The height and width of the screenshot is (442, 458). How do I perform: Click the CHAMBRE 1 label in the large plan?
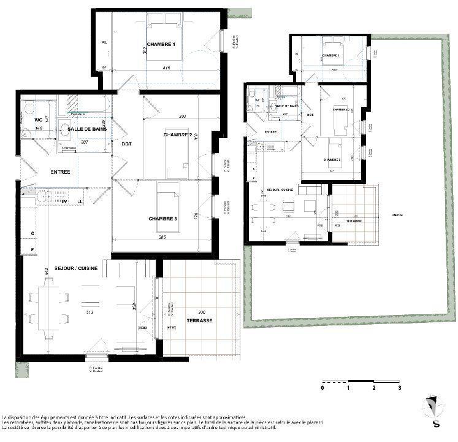(x=161, y=45)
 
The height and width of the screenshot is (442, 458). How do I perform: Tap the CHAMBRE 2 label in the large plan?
(x=178, y=134)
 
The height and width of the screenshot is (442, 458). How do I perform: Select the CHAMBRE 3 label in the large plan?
(x=162, y=219)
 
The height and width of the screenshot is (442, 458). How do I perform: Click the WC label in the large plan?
(x=37, y=119)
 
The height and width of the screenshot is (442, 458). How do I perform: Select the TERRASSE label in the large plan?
(x=200, y=320)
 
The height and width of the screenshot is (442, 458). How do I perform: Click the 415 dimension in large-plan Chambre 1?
(x=166, y=68)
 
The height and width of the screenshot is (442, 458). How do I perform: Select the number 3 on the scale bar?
(x=399, y=389)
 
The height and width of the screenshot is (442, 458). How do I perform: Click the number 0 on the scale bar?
(x=323, y=389)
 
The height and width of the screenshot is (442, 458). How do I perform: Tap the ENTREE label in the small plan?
(x=270, y=132)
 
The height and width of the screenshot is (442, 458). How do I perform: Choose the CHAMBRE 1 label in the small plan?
(x=330, y=55)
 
